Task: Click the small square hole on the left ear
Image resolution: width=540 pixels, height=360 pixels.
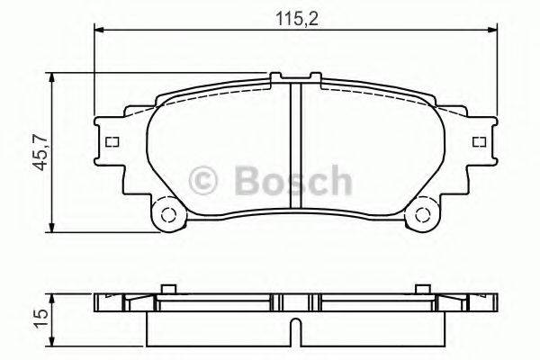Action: tap(112, 141)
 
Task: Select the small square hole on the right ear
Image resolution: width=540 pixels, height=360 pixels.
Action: tap(476, 141)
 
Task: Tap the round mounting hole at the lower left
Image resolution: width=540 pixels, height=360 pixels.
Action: tap(165, 215)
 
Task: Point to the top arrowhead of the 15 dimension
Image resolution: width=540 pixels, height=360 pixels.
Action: tap(56, 296)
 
